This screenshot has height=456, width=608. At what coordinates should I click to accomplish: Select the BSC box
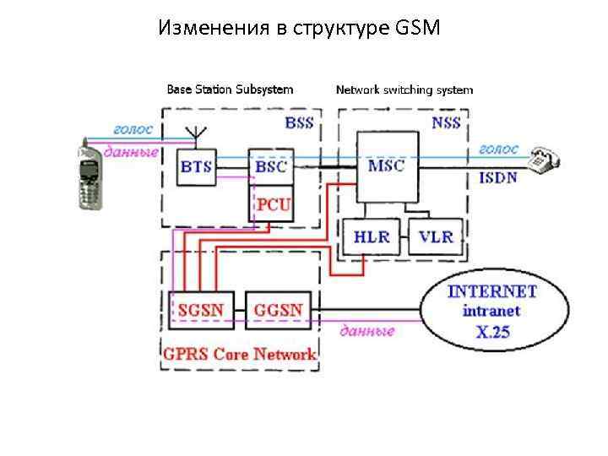click(270, 166)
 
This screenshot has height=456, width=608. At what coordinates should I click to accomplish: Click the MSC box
click(386, 166)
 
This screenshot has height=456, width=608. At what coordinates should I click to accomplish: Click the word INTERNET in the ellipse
click(491, 291)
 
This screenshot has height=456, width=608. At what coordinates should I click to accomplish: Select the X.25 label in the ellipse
click(493, 332)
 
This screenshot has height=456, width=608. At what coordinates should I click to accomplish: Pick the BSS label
click(299, 122)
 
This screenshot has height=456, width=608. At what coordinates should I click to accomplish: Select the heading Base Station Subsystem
click(230, 89)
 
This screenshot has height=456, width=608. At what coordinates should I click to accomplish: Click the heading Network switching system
click(404, 89)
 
